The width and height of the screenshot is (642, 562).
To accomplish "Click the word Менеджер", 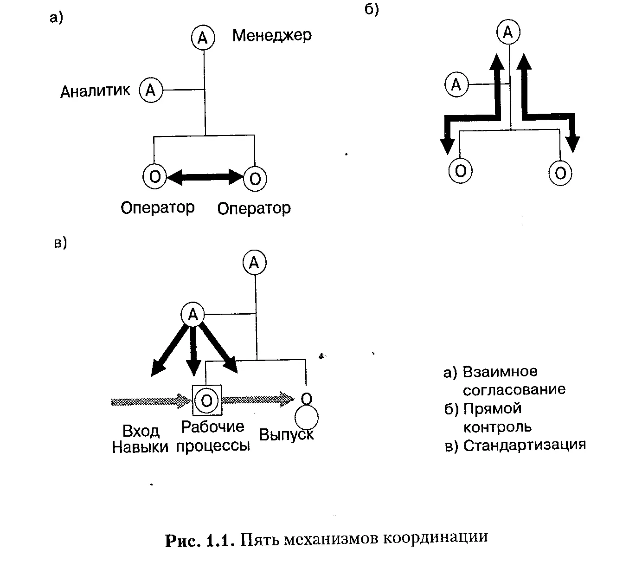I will click(272, 36).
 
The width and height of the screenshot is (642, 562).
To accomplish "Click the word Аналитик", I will click(95, 90).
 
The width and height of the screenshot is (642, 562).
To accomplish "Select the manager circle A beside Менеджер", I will click(203, 38).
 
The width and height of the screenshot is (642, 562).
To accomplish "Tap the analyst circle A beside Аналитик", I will click(151, 90).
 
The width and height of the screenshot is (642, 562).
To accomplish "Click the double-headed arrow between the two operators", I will click(205, 176).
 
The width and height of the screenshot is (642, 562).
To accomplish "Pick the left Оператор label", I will click(158, 207).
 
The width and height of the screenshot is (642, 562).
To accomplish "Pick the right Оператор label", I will click(254, 208).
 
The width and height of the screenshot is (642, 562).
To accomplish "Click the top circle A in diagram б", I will click(508, 32).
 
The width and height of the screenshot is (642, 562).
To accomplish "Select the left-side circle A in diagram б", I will click(457, 85).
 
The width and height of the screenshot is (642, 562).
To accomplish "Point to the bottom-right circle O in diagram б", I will click(560, 173).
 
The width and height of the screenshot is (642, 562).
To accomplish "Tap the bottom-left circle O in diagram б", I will click(461, 171).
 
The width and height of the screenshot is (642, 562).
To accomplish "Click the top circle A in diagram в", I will click(254, 263).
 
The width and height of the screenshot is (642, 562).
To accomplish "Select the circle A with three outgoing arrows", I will click(193, 315).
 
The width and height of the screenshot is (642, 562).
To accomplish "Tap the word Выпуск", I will click(286, 435).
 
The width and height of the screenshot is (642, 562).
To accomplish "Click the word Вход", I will click(141, 431).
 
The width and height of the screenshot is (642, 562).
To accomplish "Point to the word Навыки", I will click(140, 447).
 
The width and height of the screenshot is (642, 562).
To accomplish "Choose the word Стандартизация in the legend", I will click(524, 445).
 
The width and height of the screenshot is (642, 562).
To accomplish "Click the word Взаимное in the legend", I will click(500, 372).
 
